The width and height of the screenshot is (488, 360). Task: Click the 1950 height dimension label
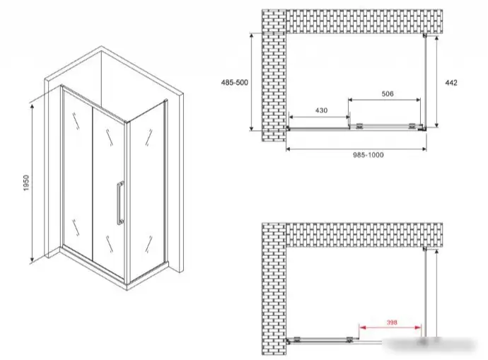(x=26, y=183)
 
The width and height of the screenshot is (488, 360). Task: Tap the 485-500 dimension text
(x=234, y=83)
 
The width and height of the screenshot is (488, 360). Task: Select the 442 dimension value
(x=451, y=83)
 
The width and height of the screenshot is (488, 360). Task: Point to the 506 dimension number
(x=387, y=93)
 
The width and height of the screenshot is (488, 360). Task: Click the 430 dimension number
(x=321, y=110)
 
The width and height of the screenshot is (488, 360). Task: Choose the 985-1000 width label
(x=368, y=155)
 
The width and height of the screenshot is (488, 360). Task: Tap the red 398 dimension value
(x=392, y=323)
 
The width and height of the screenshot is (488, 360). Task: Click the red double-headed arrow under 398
(x=390, y=327)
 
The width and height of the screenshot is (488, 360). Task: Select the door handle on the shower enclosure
(x=120, y=203)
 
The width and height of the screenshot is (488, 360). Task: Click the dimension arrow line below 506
(x=384, y=100)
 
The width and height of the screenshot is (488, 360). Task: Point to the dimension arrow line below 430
(x=319, y=117)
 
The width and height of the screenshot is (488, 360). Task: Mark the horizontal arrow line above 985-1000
(x=356, y=149)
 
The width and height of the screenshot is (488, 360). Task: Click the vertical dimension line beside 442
(x=436, y=81)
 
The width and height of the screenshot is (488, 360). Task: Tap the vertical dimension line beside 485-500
(x=252, y=82)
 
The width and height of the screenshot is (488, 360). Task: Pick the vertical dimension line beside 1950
(x=32, y=183)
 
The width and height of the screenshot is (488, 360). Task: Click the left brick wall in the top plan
(x=274, y=75)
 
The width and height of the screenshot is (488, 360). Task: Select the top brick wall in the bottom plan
(x=364, y=235)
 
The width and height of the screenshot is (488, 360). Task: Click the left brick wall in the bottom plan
(x=274, y=289)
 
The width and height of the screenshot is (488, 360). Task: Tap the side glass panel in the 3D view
(x=146, y=192)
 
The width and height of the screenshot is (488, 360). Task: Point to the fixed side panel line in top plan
(x=426, y=81)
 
